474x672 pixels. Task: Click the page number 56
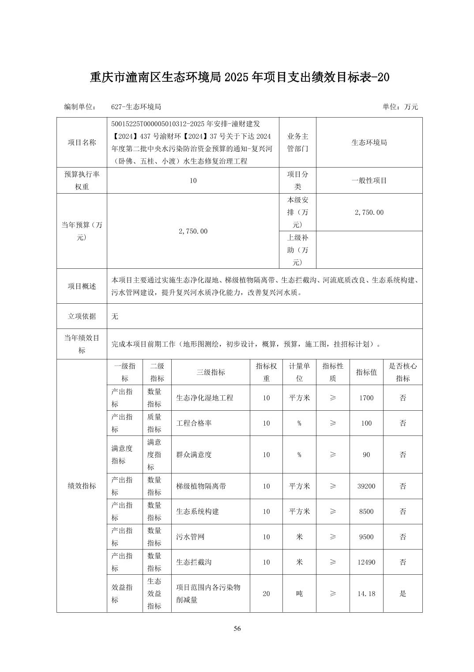tap(237, 629)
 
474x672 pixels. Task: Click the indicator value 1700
tap(366, 398)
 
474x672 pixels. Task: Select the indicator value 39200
tap(366, 486)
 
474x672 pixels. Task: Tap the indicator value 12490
tap(366, 562)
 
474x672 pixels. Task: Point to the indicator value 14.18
tap(366, 594)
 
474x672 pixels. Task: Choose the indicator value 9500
tap(366, 537)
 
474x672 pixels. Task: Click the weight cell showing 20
tap(266, 594)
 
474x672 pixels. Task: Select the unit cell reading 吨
tap(299, 594)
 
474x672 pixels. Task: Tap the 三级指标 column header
tap(211, 372)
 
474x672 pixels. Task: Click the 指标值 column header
tap(366, 372)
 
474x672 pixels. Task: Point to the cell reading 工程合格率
tap(194, 423)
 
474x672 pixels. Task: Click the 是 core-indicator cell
tap(403, 594)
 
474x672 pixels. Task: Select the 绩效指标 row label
tap(82, 486)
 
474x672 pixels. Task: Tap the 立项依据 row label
tap(82, 316)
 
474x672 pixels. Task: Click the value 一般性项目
tap(369, 180)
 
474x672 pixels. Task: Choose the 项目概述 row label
tap(82, 286)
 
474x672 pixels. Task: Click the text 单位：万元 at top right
tap(400, 107)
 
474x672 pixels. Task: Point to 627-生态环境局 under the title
tap(136, 107)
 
